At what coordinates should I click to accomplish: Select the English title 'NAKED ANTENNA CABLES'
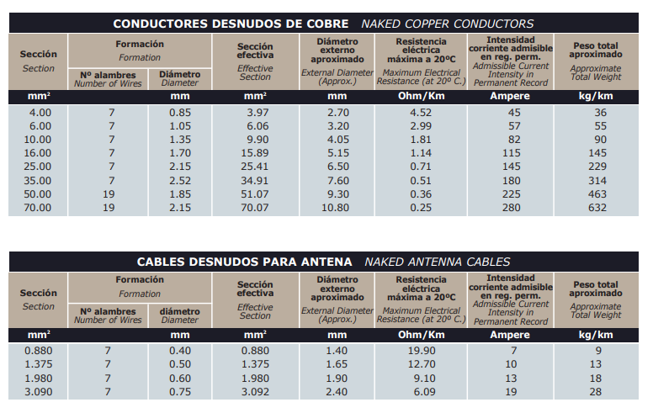437,262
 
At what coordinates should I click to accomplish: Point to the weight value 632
597,207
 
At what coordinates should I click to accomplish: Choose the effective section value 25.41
255,167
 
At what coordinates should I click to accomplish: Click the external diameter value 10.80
337,207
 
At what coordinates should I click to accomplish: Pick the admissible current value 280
513,207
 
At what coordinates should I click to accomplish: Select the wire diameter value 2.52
180,180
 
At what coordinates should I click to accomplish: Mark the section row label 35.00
39,180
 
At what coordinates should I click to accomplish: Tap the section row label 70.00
39,207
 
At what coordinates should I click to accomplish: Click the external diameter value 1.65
337,363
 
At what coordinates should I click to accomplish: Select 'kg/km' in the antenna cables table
597,335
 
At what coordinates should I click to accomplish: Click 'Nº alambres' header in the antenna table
108,310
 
